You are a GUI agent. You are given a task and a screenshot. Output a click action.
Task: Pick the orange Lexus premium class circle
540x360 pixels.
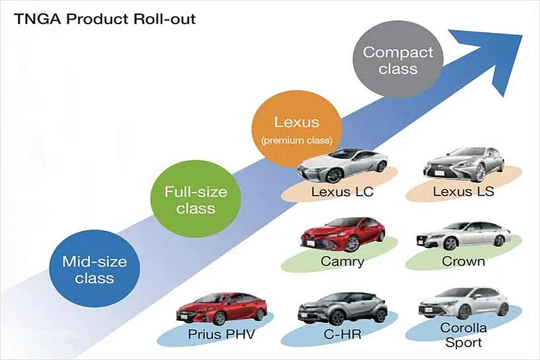(x=293, y=130)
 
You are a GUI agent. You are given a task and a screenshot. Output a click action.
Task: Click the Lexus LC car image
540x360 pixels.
(x=343, y=164)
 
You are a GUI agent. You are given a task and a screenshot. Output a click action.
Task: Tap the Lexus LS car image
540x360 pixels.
(x=463, y=164)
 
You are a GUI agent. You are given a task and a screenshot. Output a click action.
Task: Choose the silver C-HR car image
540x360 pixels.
(x=342, y=308)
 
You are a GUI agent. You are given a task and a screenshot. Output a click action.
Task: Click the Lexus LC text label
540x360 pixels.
(x=342, y=192)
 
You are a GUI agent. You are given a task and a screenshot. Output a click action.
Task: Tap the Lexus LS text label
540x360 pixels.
(x=463, y=191)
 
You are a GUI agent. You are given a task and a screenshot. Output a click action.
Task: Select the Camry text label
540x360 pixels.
(x=342, y=262)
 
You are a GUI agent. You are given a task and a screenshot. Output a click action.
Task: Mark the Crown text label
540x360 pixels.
(x=463, y=261)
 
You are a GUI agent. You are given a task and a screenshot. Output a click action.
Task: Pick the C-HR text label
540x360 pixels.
(x=342, y=332)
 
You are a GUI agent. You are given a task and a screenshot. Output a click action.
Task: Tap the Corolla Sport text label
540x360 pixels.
(x=463, y=336)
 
